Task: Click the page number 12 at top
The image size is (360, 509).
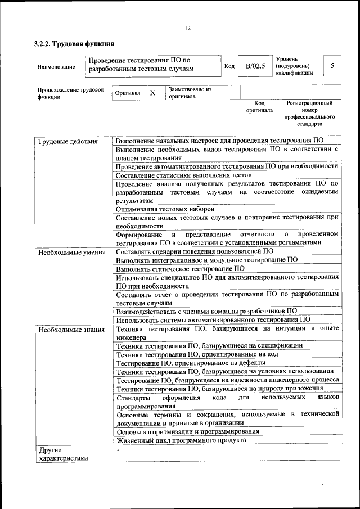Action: pyautogui.click(x=187, y=28)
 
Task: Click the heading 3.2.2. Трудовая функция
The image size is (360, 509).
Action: pyautogui.click(x=74, y=43)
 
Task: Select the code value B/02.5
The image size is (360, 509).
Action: pyautogui.click(x=255, y=66)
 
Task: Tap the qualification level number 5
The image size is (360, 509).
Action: pyautogui.click(x=332, y=66)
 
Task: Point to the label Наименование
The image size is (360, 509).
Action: pyautogui.click(x=56, y=67)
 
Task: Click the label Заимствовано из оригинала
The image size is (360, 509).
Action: pyautogui.click(x=190, y=93)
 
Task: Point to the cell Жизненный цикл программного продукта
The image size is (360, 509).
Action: pyautogui.click(x=181, y=440)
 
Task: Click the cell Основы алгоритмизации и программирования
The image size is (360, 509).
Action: pyautogui.click(x=187, y=431)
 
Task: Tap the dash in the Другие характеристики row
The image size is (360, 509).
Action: pyautogui.click(x=118, y=451)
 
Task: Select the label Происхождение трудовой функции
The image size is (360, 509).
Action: pyautogui.click(x=71, y=93)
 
